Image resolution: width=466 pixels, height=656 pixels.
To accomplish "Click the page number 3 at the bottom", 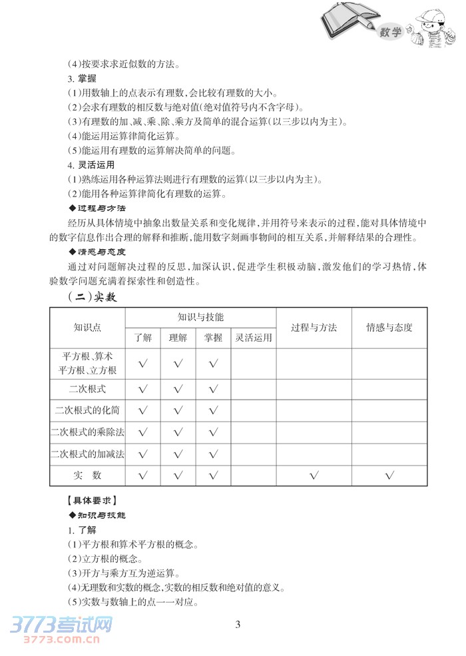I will (x=237, y=624).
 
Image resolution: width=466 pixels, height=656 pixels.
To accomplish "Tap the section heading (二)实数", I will (x=93, y=297).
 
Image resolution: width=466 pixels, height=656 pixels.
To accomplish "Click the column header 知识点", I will (x=87, y=327).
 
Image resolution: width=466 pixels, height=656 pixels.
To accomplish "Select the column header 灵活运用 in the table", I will (x=254, y=338).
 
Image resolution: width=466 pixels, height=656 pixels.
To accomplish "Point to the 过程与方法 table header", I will (x=314, y=327).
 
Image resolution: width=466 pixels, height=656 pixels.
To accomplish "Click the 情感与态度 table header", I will (x=389, y=327).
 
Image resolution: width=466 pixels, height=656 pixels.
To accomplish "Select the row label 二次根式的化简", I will (x=87, y=410).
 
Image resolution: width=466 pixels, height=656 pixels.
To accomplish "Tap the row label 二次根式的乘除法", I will (x=87, y=432).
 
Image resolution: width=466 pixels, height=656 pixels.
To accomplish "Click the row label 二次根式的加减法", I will (x=87, y=454).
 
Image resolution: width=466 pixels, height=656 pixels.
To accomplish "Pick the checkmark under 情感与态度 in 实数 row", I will (x=389, y=476).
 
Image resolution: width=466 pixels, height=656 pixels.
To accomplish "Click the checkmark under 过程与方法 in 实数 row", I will (x=314, y=476).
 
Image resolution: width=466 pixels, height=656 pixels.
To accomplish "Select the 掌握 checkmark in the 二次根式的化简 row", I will (x=213, y=410).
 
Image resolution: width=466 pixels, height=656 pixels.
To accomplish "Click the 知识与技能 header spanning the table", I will (x=200, y=317).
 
